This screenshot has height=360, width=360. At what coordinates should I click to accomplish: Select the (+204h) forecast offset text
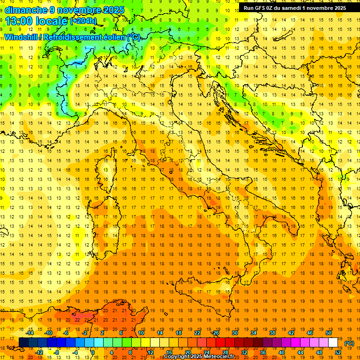coord(83,21)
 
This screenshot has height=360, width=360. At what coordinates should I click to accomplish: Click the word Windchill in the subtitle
coord(21,37)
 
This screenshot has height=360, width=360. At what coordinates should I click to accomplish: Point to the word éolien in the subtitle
coord(111,37)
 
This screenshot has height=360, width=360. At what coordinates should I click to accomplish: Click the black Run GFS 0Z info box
coord(294,7)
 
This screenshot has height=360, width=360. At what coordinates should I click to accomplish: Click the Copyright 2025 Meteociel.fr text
coord(199,357)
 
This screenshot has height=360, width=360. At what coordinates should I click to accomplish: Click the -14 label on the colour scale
coord(30,332)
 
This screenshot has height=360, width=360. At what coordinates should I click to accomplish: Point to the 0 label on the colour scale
coord(92,352)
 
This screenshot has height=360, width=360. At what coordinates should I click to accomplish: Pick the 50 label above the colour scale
coord(328,332)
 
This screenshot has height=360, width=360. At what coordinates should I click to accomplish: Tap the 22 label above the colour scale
coord(197,332)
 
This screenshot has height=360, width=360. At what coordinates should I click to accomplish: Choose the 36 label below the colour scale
coord(263,352)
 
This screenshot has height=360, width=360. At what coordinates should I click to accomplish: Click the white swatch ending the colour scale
coord(333,343)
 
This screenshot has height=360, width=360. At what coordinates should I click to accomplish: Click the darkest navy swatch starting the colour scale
coord(23,343)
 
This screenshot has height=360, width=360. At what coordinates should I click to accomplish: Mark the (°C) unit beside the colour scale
coord(349,343)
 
